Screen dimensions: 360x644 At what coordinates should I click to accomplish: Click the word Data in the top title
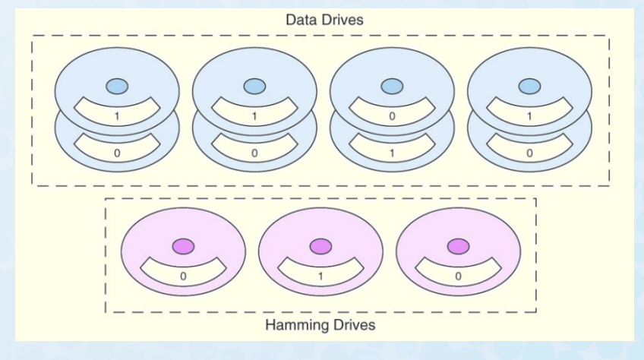pyautogui.click(x=300, y=20)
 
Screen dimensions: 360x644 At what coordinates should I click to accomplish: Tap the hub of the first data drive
pyautogui.click(x=117, y=86)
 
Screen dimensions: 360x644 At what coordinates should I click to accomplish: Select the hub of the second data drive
pyautogui.click(x=254, y=86)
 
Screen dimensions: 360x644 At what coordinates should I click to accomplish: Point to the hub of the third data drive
pyautogui.click(x=392, y=86)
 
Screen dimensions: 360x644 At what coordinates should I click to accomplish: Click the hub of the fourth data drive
pyautogui.click(x=529, y=86)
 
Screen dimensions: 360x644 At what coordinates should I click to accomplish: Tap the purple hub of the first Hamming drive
pyautogui.click(x=183, y=246)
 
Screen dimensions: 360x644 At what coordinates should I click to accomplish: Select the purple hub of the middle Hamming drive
pyautogui.click(x=320, y=246)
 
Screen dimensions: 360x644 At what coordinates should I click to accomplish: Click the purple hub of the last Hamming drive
pyautogui.click(x=458, y=246)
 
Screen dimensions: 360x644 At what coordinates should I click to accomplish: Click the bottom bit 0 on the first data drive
pyautogui.click(x=117, y=153)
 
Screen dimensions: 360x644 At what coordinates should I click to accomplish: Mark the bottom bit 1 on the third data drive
pyautogui.click(x=392, y=153)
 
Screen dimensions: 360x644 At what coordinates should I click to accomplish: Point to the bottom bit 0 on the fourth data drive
pyautogui.click(x=529, y=153)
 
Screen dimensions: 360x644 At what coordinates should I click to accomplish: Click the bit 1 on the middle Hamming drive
pyautogui.click(x=320, y=277)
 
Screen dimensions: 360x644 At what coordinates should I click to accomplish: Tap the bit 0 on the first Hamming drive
pyautogui.click(x=183, y=277)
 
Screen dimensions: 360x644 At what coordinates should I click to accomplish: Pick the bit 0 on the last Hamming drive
pyautogui.click(x=458, y=277)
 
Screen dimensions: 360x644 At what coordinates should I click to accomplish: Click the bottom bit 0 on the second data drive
pyautogui.click(x=254, y=153)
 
